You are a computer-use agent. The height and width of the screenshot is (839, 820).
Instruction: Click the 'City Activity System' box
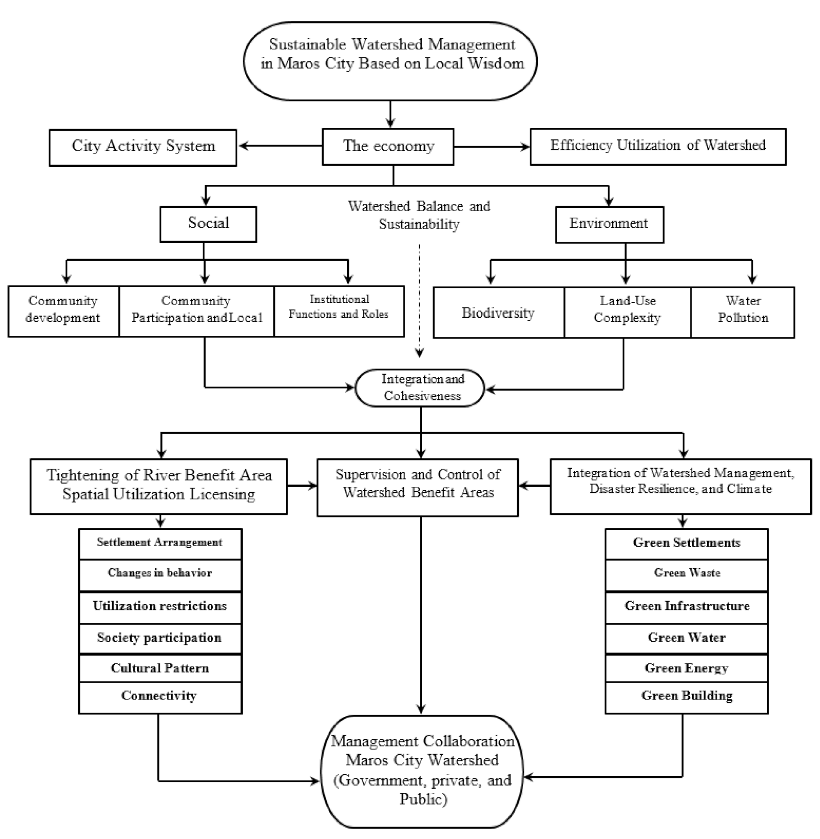pos(143,147)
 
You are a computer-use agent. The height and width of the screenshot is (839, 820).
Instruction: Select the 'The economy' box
pos(388,147)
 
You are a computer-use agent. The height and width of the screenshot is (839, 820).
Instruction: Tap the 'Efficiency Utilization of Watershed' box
pos(658,147)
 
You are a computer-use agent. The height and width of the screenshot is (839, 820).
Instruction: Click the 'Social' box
pos(208,224)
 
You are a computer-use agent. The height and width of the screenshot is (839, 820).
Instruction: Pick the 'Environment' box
pos(609,224)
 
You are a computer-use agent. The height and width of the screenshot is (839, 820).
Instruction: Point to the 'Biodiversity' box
pos(498,312)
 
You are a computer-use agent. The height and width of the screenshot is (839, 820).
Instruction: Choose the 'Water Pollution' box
pos(742,312)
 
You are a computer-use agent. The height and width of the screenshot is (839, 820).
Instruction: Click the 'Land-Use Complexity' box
pos(627,312)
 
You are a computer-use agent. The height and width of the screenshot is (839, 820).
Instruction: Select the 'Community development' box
pos(63,311)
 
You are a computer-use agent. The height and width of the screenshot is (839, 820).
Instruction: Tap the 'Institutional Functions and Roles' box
pos(339,311)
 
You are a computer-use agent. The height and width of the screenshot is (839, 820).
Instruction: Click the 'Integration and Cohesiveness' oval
pos(420,388)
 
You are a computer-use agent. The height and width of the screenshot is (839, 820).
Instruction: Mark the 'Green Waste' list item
pos(687,574)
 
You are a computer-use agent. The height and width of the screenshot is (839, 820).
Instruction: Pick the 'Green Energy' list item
pos(687,668)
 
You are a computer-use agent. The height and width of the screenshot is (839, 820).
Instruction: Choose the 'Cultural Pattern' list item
pos(160,668)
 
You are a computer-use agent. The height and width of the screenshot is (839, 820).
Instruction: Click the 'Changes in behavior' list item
pos(160,574)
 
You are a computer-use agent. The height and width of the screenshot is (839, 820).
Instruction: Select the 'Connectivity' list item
pos(160,697)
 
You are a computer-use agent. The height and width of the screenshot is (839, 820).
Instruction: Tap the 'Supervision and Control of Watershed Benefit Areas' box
pos(418,487)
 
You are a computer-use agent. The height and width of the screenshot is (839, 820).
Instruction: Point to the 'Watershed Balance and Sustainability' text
pos(419,215)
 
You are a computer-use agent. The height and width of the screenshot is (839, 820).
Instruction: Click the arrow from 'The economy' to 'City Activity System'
pos(280,146)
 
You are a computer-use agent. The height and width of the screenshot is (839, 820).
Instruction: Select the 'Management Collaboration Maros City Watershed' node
pos(421,771)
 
